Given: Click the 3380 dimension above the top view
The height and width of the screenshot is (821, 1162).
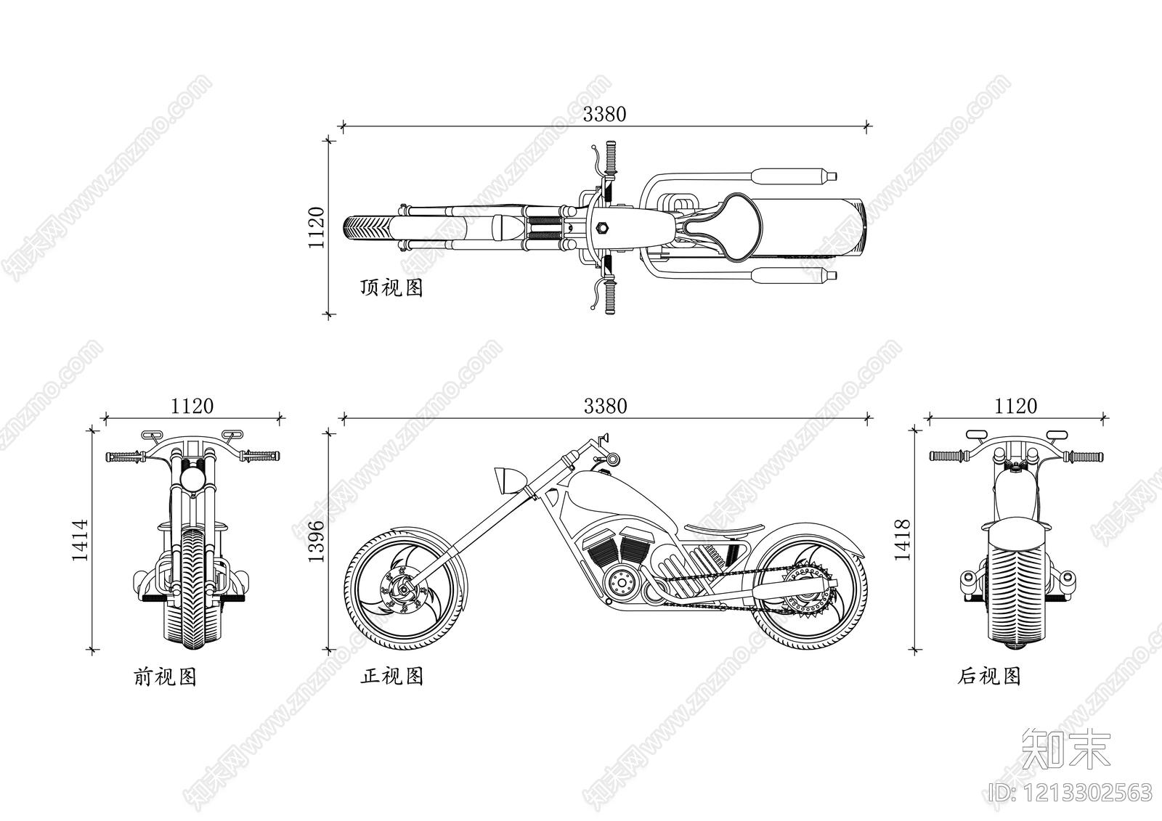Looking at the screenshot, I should tap(604, 114).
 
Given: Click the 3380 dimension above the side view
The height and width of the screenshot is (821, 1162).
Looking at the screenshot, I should tap(605, 406).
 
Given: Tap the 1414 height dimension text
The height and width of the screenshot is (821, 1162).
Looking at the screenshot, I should tap(80, 539).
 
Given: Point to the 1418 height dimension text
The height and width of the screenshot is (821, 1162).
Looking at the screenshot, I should tap(902, 539).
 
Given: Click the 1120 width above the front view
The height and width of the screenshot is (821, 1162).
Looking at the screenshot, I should tap(192, 406).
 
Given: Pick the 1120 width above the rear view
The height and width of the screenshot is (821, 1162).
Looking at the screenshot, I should tap(1016, 406).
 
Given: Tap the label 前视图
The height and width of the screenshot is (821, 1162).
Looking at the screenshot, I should tap(166, 677).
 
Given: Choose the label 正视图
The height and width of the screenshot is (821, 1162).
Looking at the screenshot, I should tap(392, 677).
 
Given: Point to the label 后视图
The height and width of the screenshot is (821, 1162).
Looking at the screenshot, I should tap(989, 677).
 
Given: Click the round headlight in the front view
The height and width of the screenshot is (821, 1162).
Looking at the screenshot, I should tap(193, 479).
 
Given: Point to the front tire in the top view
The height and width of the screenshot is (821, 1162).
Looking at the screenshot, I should tap(362, 227).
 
